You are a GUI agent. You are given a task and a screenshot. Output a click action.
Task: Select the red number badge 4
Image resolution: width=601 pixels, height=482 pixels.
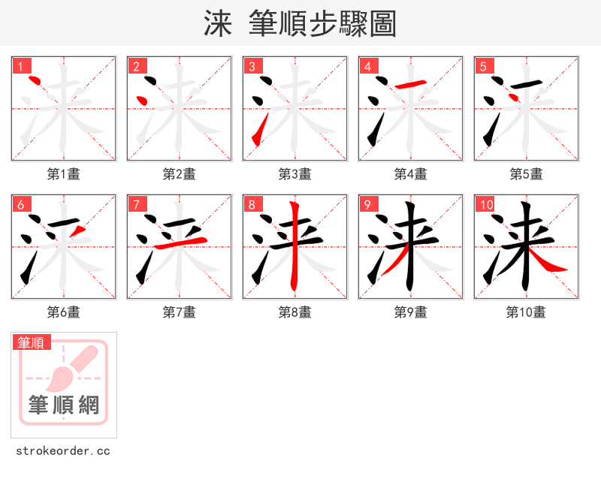pyautogui.click(x=368, y=66)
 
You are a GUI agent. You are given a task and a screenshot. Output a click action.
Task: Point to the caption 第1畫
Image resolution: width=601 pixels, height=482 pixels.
pyautogui.click(x=63, y=174)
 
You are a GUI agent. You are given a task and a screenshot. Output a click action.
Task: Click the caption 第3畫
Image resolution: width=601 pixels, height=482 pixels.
pyautogui.click(x=294, y=174)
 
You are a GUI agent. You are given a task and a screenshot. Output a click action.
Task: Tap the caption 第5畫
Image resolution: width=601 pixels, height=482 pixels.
pyautogui.click(x=526, y=174)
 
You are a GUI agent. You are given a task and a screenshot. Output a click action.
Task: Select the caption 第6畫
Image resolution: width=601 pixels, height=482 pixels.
pyautogui.click(x=63, y=312)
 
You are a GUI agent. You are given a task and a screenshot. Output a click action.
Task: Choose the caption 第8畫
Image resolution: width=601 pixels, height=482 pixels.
pyautogui.click(x=294, y=312)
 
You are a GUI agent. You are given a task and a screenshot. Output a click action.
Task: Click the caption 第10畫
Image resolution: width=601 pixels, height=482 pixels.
pyautogui.click(x=526, y=312)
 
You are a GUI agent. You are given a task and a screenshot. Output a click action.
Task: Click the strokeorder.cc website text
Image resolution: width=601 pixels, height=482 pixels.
pyautogui.click(x=63, y=451)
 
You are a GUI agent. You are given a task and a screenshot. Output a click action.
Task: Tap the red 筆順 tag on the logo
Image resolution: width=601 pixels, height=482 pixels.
pyautogui.click(x=32, y=342)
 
